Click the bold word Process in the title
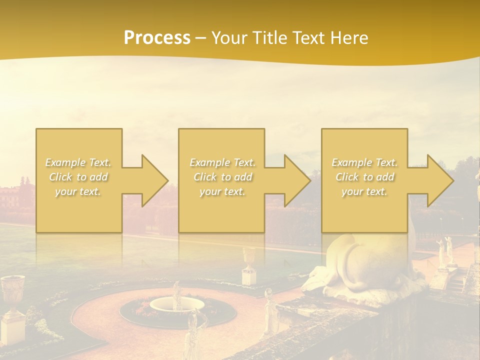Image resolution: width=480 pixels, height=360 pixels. (x=157, y=38)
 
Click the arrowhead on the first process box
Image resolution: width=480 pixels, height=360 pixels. (x=152, y=180)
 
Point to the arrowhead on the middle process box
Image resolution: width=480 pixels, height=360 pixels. (x=294, y=180)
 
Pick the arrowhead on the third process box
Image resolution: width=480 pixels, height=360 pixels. (x=437, y=180)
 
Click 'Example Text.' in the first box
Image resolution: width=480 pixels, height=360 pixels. (x=78, y=162)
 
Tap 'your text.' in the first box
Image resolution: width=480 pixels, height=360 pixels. (x=78, y=191)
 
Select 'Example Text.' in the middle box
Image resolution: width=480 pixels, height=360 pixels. (x=222, y=162)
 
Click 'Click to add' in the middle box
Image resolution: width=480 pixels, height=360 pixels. (x=222, y=177)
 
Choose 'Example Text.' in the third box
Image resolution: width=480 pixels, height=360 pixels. (x=364, y=162)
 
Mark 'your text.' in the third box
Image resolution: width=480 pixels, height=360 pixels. (x=364, y=191)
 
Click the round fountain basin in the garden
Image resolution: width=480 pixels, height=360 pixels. (x=177, y=304)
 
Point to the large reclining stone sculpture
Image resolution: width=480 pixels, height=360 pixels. (x=350, y=265)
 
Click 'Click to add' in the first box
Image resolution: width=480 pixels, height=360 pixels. (x=78, y=177)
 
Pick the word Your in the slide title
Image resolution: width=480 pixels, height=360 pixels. (x=229, y=38)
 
